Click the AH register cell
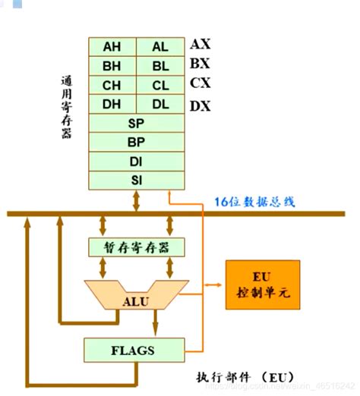click(112, 46)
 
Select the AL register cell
click(160, 46)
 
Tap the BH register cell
click(112, 65)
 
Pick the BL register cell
click(160, 65)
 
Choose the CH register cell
click(112, 84)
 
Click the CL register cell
click(160, 84)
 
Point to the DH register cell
click(112, 103)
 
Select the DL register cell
click(160, 103)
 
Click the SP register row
click(137, 122)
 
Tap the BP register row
click(137, 141)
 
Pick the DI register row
click(137, 160)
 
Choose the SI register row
click(137, 179)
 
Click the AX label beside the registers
click(201, 44)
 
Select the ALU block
click(137, 300)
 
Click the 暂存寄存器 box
click(137, 247)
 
